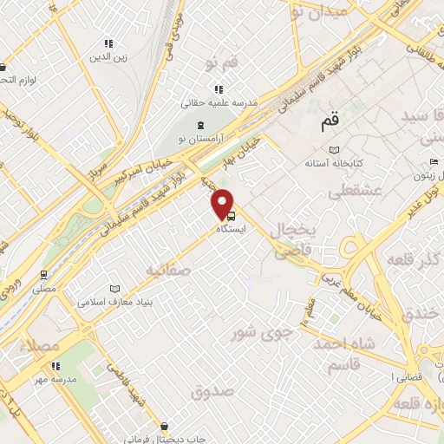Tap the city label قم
[x=329, y=122]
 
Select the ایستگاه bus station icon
[x=230, y=218]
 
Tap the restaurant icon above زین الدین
[x=108, y=43]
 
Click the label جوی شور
[x=257, y=331]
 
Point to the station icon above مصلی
[x=43, y=273]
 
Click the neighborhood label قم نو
[x=222, y=63]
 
